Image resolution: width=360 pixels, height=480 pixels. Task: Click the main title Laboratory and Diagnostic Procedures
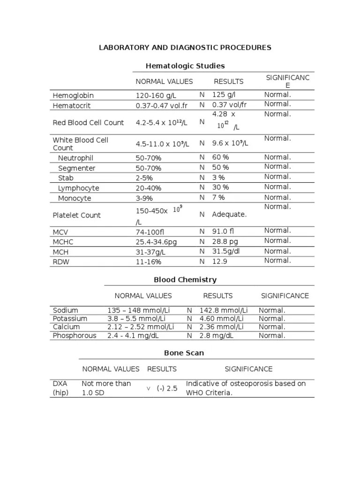[184, 48]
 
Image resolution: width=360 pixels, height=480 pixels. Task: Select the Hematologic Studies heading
[185, 66]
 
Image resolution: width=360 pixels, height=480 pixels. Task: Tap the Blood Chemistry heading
[185, 280]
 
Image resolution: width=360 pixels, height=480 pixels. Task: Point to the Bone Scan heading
[184, 352]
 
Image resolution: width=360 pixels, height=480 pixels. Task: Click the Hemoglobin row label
[73, 96]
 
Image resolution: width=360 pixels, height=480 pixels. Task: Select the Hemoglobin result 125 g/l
[224, 95]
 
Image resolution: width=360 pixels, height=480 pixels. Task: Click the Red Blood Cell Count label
[88, 123]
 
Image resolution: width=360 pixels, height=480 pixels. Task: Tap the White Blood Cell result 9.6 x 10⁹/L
[230, 143]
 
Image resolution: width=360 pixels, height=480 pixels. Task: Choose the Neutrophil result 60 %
[221, 157]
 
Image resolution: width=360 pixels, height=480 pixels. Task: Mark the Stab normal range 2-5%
[144, 178]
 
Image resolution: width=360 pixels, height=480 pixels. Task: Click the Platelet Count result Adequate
[229, 215]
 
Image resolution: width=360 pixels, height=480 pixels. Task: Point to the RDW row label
[61, 262]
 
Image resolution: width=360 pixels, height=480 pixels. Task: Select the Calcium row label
[66, 327]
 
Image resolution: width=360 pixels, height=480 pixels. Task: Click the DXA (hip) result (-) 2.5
[167, 389]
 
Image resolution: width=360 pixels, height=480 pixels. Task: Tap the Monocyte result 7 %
[218, 198]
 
